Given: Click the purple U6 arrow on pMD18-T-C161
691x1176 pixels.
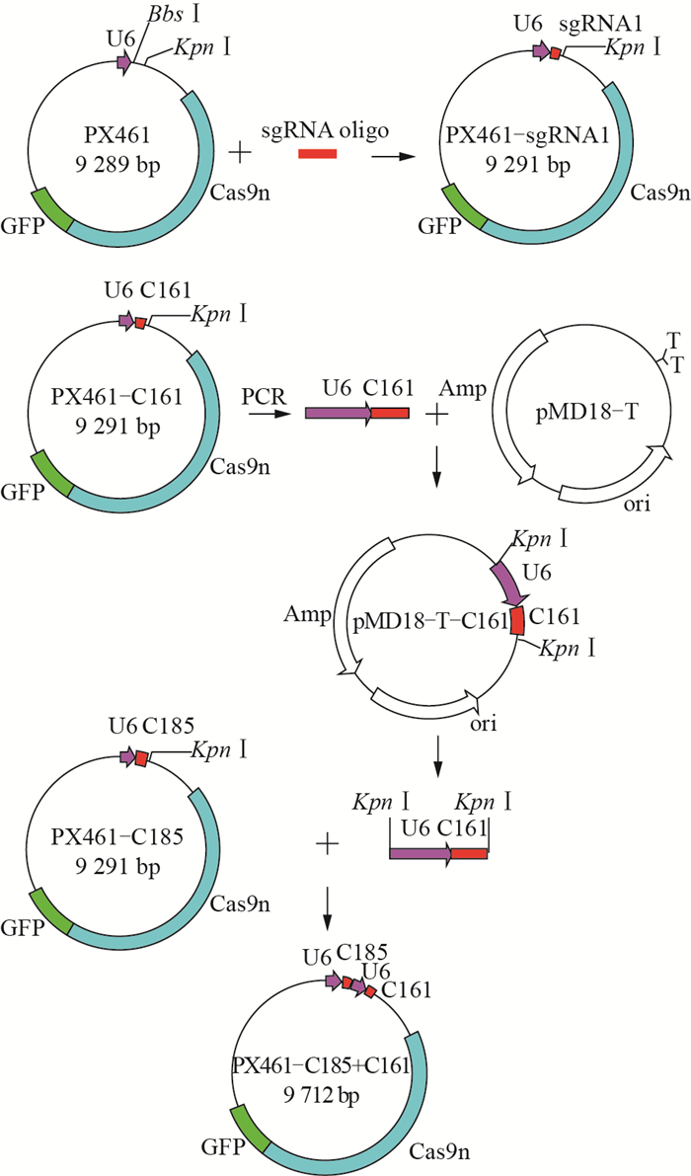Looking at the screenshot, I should click(509, 586).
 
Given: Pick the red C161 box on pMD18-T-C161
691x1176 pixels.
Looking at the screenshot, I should click(516, 619).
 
